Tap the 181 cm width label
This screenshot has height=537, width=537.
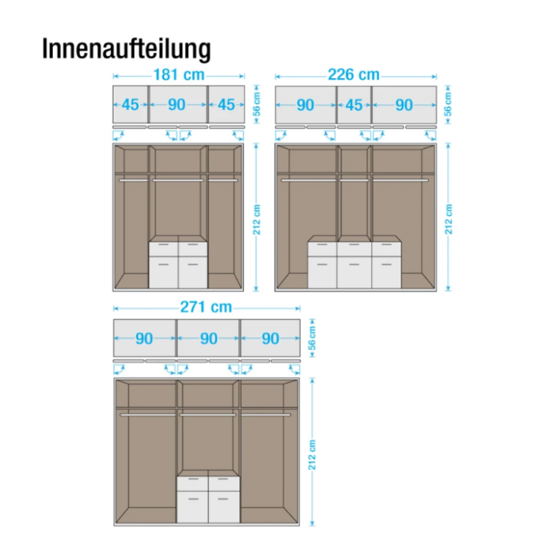point(179,74)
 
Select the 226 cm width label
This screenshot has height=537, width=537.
point(354,74)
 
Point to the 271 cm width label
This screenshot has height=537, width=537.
point(206,307)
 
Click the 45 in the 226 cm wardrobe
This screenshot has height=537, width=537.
point(354,105)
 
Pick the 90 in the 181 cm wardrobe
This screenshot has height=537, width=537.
point(176,105)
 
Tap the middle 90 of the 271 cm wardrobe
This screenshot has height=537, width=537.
point(209,339)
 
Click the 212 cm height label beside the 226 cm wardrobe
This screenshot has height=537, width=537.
point(449,219)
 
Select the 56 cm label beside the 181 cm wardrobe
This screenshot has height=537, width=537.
point(257,104)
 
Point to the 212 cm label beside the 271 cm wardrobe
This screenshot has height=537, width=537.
point(312,455)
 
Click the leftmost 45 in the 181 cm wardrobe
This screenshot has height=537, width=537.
point(130,105)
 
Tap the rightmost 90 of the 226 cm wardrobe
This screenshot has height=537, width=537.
point(404,105)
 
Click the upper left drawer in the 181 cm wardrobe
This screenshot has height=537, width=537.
point(163,249)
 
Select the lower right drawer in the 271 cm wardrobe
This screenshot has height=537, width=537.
point(224,507)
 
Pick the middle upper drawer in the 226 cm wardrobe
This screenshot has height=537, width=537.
point(354,249)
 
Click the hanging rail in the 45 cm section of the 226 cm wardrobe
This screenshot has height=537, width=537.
point(354,180)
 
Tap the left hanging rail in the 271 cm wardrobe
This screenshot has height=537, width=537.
point(148,415)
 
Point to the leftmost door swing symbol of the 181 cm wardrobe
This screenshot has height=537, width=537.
point(118,136)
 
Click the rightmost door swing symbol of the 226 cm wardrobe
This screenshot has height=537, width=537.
point(431,136)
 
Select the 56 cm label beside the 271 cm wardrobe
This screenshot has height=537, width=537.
point(312,338)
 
